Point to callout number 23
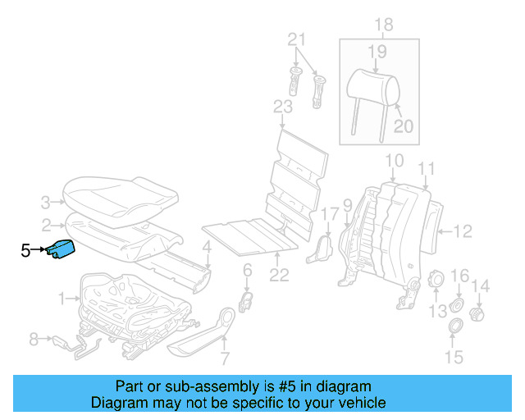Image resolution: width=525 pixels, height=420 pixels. (282, 106)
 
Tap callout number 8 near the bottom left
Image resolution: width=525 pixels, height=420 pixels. (34, 338)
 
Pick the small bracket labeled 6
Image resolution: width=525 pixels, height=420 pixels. (244, 300)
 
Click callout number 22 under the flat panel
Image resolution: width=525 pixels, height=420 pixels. (280, 276)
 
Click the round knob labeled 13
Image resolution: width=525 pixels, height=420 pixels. (436, 281)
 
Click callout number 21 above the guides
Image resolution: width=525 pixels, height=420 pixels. (296, 39)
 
